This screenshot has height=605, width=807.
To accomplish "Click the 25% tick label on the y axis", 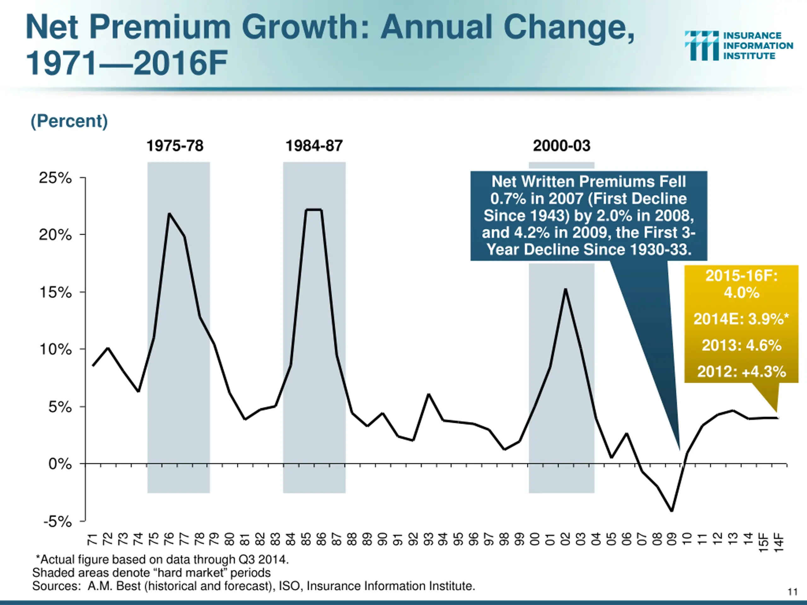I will [x=55, y=178].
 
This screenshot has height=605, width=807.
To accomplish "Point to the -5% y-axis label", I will [x=58, y=521].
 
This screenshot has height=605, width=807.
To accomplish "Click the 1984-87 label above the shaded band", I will [x=314, y=146].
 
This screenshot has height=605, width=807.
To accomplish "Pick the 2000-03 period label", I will [x=561, y=146].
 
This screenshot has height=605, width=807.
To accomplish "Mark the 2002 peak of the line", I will [x=566, y=290].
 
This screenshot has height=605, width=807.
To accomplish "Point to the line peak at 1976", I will [x=169, y=214].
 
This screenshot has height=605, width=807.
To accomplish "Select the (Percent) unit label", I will [x=69, y=121].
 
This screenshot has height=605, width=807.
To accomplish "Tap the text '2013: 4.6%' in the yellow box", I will [x=741, y=345].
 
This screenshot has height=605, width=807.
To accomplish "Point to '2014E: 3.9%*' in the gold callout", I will [x=741, y=319].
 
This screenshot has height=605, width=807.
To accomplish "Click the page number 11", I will [x=792, y=591].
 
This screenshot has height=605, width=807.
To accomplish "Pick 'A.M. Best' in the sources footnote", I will [x=114, y=586].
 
